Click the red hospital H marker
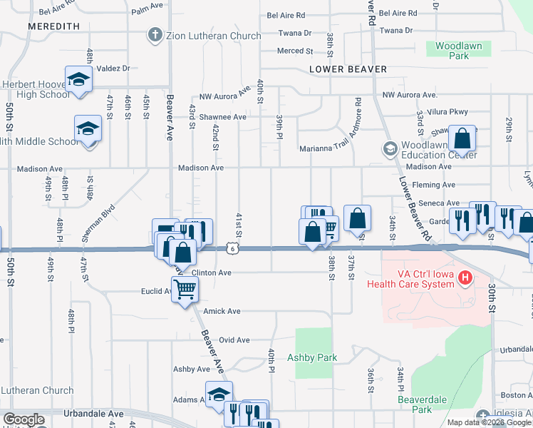(465, 277)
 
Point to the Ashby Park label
(311, 357)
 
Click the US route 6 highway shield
(233, 248)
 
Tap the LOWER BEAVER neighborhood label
(348, 69)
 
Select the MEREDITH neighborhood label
(53, 26)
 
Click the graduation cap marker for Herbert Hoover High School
(78, 80)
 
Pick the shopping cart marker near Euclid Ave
(185, 290)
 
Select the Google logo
(24, 419)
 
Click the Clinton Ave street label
(212, 273)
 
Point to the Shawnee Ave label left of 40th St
(222, 117)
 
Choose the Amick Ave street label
(222, 311)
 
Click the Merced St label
(295, 51)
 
